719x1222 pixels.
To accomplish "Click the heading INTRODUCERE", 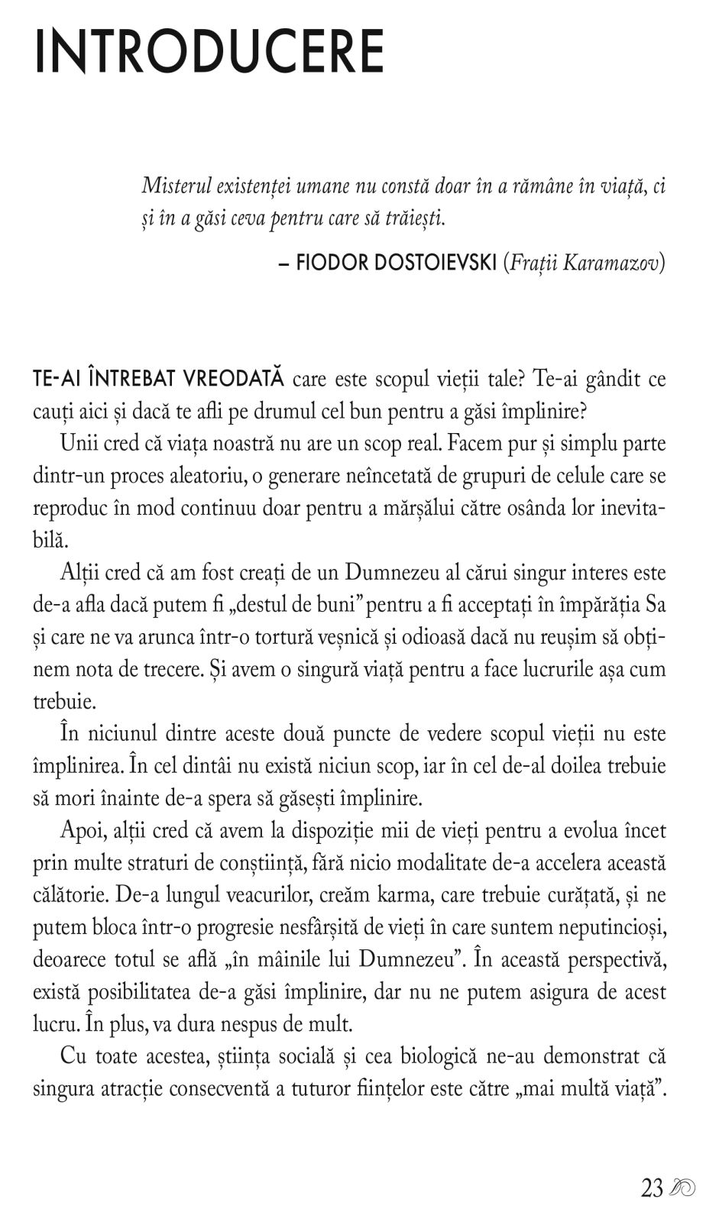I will point(209,52).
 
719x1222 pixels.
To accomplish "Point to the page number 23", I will point(652,1188).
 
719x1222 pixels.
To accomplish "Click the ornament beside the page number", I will point(682,1188).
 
